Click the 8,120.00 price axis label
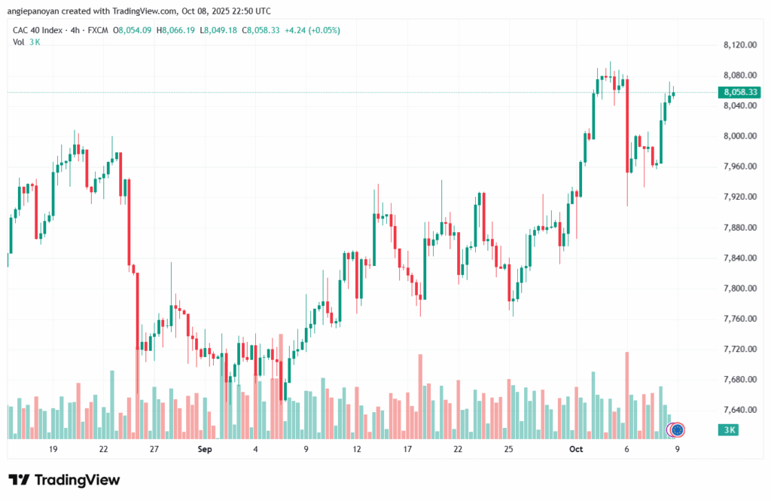(739, 45)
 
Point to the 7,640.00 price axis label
(739, 410)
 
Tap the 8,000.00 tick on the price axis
(739, 136)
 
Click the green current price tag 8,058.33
(739, 92)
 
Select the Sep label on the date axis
(205, 449)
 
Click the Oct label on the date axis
(577, 449)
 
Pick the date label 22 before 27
(103, 449)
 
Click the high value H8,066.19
(175, 30)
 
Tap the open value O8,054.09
(133, 30)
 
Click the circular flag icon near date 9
(677, 430)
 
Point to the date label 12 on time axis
(357, 449)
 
